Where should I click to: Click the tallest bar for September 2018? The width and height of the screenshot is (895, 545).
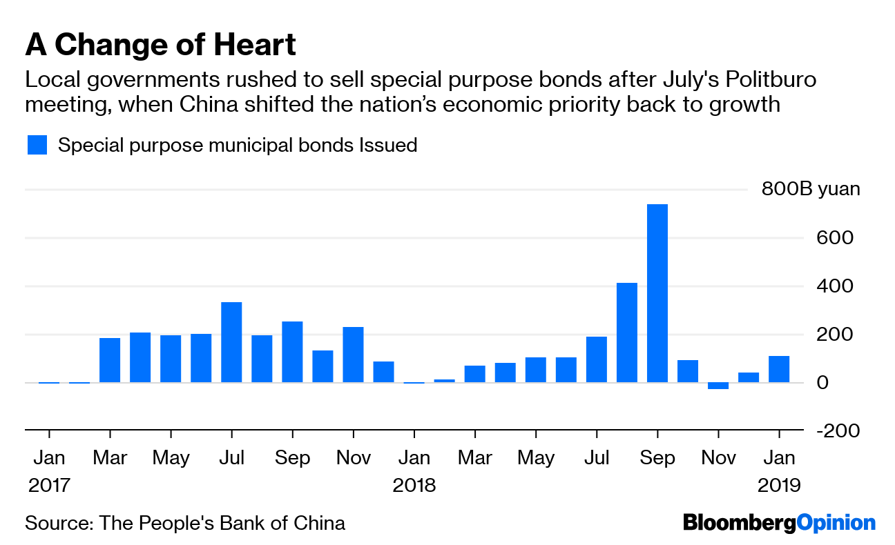click(657, 293)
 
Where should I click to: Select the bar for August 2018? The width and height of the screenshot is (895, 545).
click(627, 333)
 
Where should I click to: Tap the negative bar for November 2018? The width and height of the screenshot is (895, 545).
click(718, 386)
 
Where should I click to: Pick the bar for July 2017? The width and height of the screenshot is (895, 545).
click(231, 342)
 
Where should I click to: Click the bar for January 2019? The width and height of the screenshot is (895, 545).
click(779, 369)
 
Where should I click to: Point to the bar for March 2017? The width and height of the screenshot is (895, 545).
click(110, 360)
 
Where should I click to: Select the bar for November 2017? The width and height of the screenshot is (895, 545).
click(353, 355)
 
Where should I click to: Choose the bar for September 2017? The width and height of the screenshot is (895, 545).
click(292, 352)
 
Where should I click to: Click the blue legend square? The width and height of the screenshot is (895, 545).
click(37, 146)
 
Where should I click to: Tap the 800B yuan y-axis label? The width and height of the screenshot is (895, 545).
click(811, 190)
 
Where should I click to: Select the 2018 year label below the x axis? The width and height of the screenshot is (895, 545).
click(414, 486)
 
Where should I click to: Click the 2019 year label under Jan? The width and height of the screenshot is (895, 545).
click(779, 486)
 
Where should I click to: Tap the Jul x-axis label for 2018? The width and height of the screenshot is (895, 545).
click(597, 458)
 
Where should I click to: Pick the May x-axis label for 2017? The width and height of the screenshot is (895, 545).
click(171, 458)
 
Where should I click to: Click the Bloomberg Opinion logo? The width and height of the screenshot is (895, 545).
click(779, 522)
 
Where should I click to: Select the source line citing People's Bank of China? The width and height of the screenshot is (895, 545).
click(185, 522)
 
